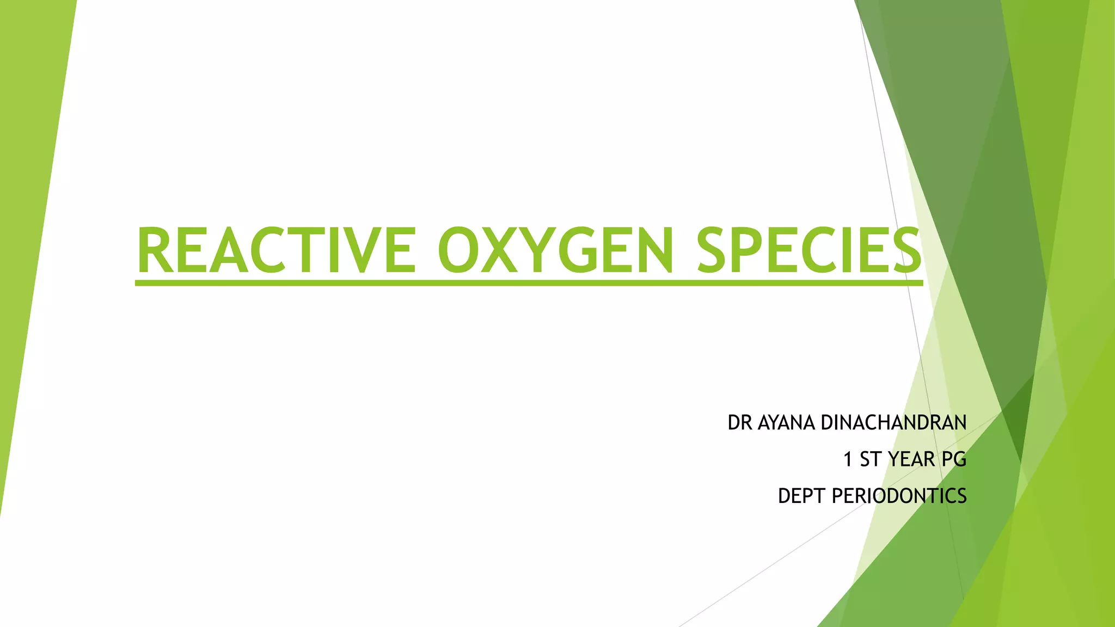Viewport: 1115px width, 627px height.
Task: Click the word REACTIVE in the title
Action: pyautogui.click(x=276, y=250)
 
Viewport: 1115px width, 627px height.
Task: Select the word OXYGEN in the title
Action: pyautogui.click(x=555, y=250)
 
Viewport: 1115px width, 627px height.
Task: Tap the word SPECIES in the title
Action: pyautogui.click(x=809, y=250)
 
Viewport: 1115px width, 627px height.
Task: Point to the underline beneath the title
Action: pyautogui.click(x=529, y=283)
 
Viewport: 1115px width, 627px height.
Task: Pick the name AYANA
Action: pyautogui.click(x=786, y=423)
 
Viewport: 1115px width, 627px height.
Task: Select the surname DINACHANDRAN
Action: pyautogui.click(x=893, y=423)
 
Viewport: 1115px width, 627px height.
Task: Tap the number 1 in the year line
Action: pyautogui.click(x=848, y=459)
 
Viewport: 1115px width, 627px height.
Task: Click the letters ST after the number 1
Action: pyautogui.click(x=870, y=459)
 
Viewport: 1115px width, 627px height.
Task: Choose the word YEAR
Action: pyautogui.click(x=911, y=459)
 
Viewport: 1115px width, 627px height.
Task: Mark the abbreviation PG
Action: pyautogui.click(x=954, y=459)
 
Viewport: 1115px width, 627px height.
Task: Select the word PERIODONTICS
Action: pyautogui.click(x=899, y=496)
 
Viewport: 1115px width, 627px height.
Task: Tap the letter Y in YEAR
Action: pyautogui.click(x=893, y=459)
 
